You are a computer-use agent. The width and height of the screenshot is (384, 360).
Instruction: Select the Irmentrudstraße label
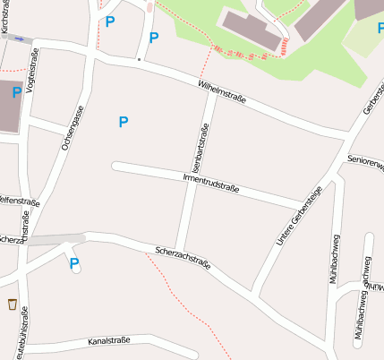click(x=211, y=184)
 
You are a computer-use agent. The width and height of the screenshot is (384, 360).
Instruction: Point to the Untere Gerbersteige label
click(x=299, y=218)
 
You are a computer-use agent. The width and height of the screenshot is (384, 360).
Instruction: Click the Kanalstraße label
click(x=109, y=341)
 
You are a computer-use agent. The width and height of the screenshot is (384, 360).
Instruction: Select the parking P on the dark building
click(x=17, y=91)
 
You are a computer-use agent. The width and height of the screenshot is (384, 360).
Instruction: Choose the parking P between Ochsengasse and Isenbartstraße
click(x=124, y=121)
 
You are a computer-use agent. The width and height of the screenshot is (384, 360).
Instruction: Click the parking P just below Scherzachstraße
click(x=74, y=262)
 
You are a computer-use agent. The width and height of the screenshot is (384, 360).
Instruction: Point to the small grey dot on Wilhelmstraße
click(x=138, y=59)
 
